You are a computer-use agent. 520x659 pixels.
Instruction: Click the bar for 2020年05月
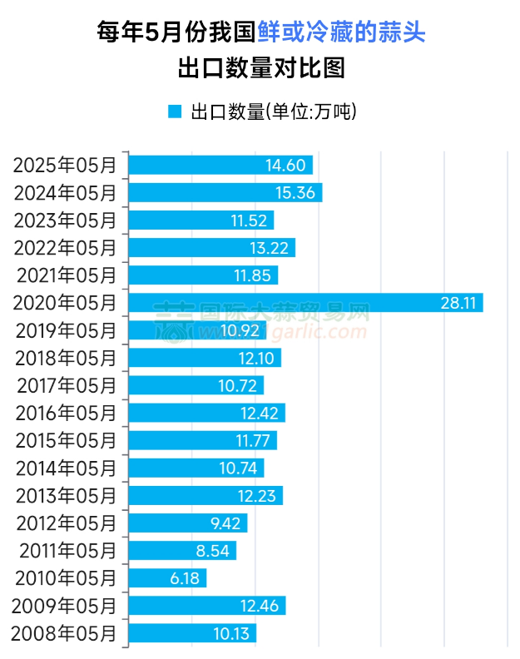click(305, 303)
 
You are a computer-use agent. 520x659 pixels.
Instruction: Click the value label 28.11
click(458, 303)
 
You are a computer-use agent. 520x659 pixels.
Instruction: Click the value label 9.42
click(226, 523)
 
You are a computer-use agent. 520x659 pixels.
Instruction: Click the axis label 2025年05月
click(66, 165)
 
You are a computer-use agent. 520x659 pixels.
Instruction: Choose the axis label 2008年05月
click(66, 633)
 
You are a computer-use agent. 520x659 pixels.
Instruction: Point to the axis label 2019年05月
click(66, 330)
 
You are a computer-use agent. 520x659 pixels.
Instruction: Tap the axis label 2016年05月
click(66, 413)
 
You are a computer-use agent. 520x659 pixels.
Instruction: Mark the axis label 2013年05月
click(66, 496)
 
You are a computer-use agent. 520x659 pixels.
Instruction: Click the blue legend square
click(174, 111)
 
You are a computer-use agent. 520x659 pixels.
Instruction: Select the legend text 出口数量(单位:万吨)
click(274, 111)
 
